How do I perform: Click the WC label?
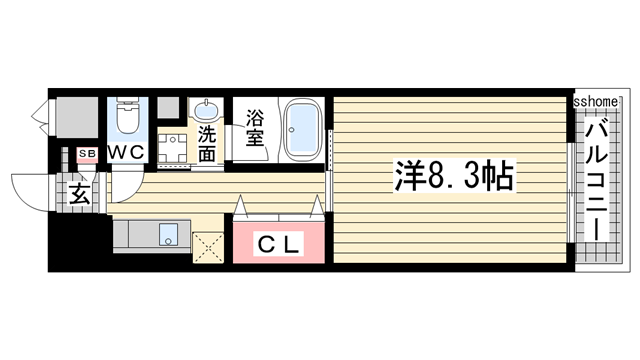click(127, 152)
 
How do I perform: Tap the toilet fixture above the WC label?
click(127, 119)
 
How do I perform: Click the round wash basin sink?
click(208, 110)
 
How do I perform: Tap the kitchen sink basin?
click(167, 236)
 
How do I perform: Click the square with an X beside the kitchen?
click(210, 246)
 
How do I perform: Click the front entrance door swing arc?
click(27, 191)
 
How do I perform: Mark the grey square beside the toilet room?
click(167, 108)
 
